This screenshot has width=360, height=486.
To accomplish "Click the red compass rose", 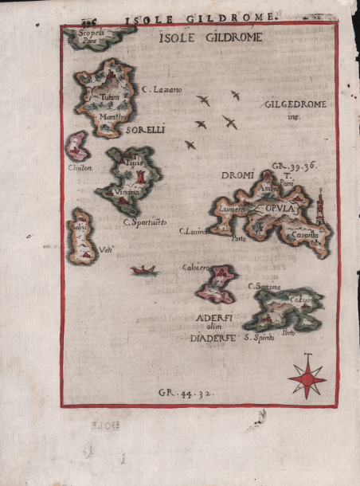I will click(x=307, y=377).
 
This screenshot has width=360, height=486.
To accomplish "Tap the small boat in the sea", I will click(x=144, y=271).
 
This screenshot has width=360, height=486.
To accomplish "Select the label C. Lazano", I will click(x=162, y=90).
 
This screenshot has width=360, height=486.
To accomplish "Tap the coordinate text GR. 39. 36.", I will click(x=295, y=166).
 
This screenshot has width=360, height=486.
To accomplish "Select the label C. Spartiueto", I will click(x=145, y=221).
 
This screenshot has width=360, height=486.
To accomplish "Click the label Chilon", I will click(x=80, y=168).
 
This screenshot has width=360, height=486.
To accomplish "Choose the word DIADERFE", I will click(x=213, y=338).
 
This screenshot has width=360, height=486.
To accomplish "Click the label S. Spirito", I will click(x=259, y=339).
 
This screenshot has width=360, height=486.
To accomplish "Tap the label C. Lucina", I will click(x=193, y=232).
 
